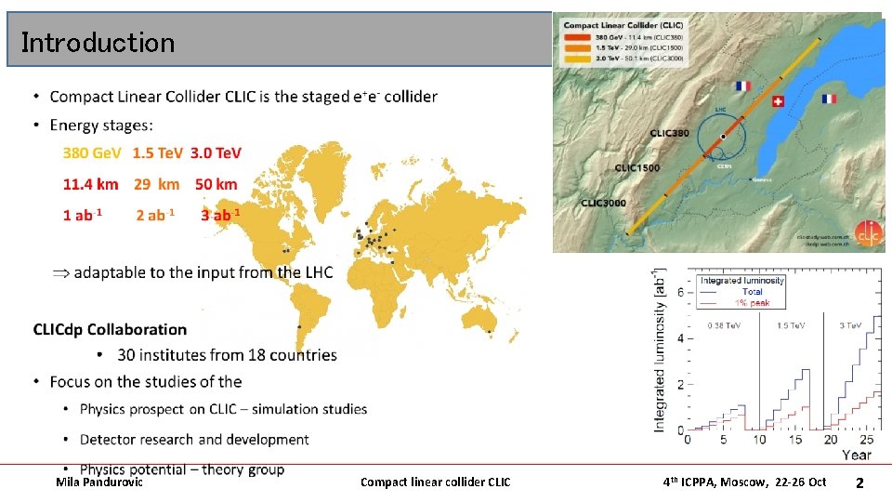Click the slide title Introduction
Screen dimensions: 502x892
[98, 43]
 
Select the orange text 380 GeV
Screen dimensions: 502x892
[92, 152]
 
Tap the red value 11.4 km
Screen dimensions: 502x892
[91, 185]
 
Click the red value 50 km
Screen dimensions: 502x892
[216, 185]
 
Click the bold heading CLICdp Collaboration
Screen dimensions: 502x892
[110, 329]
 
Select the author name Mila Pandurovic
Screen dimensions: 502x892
[99, 482]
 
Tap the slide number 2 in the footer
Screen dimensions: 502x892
[859, 482]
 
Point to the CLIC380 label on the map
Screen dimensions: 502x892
[669, 133]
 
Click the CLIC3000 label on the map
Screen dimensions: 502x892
[603, 203]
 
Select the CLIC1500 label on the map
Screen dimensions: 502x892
[636, 168]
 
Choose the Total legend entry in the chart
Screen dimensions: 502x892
[751, 292]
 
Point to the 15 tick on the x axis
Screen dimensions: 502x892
[795, 440]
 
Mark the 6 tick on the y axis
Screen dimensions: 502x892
[679, 292]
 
